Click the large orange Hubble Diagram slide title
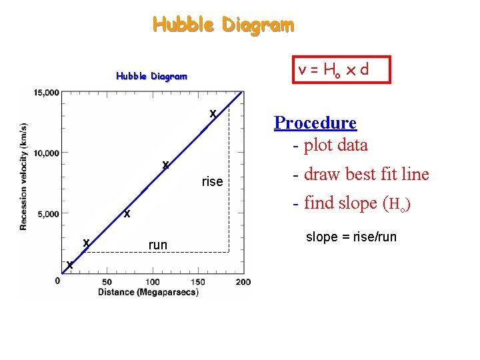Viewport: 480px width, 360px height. [x=223, y=25]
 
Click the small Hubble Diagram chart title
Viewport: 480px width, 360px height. [x=151, y=76]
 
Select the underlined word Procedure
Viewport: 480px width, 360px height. [x=315, y=123]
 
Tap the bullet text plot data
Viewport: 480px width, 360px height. [x=330, y=145]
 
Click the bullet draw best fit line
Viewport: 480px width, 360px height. [x=361, y=175]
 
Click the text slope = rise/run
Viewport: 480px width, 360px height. [x=351, y=237]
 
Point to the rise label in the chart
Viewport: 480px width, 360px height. [x=212, y=182]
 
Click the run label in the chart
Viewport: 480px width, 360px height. [x=158, y=245]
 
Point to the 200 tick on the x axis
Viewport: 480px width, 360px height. [x=243, y=282]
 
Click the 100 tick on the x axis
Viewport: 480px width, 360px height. [x=152, y=282]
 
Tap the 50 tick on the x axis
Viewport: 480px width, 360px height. [x=107, y=282]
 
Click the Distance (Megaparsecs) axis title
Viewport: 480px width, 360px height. [x=148, y=292]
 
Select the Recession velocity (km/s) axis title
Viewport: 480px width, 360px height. [x=24, y=176]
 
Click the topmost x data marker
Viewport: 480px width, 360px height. [x=213, y=114]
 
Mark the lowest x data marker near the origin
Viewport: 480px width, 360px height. [x=69, y=266]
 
